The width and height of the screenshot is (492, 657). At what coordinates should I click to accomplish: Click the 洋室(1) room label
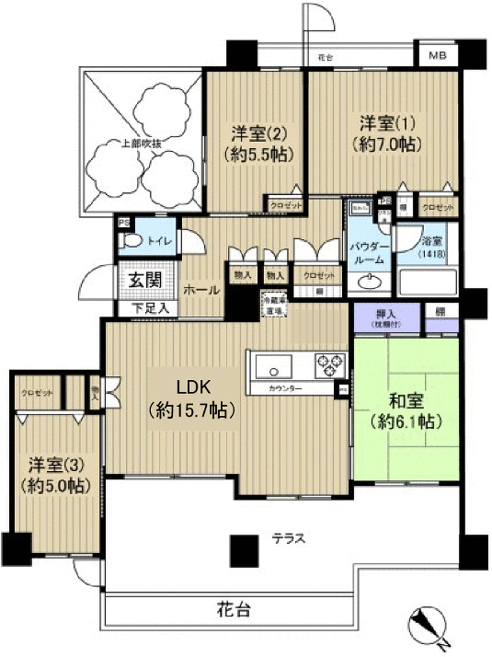385,133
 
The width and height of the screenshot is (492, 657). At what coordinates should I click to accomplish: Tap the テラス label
287,538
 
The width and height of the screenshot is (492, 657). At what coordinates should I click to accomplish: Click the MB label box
437,55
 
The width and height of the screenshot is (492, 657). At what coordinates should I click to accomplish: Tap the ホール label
201,290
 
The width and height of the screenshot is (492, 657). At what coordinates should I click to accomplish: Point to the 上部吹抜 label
141,144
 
